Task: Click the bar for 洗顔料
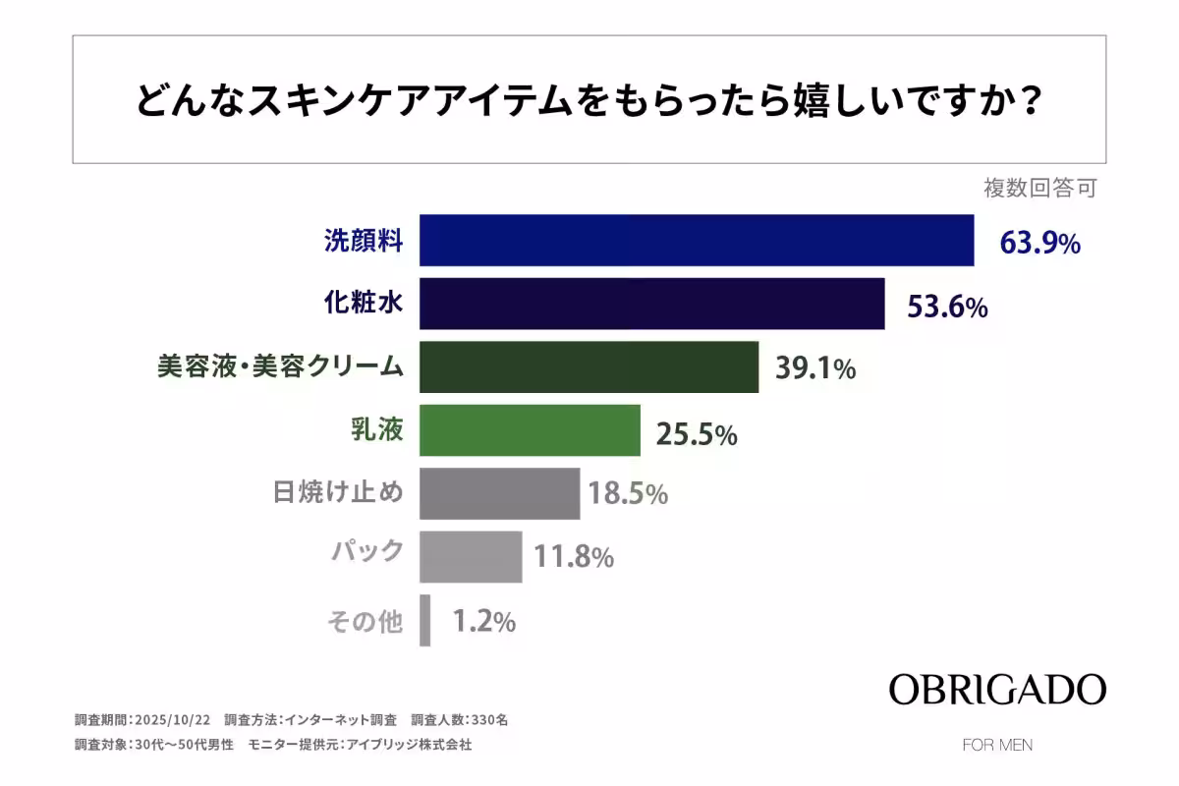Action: tap(697, 240)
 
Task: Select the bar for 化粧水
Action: tap(651, 304)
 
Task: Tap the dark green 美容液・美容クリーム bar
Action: tap(589, 367)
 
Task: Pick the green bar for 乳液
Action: tap(530, 430)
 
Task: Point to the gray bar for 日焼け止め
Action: tap(499, 493)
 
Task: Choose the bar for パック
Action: tap(471, 557)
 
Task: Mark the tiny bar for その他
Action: tap(425, 621)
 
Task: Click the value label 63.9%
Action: tap(1039, 242)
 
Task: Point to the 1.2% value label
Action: tap(483, 622)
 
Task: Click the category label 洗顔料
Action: tap(364, 241)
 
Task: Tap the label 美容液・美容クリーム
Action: tap(280, 367)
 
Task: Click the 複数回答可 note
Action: tap(1039, 189)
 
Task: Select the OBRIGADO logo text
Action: tap(997, 689)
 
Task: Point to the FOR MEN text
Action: tap(997, 745)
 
